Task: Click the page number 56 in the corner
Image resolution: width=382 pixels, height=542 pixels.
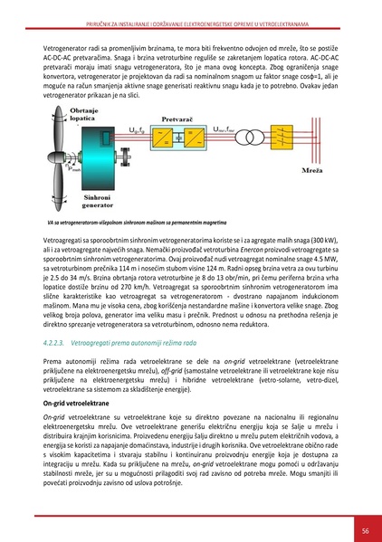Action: tap(363, 530)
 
